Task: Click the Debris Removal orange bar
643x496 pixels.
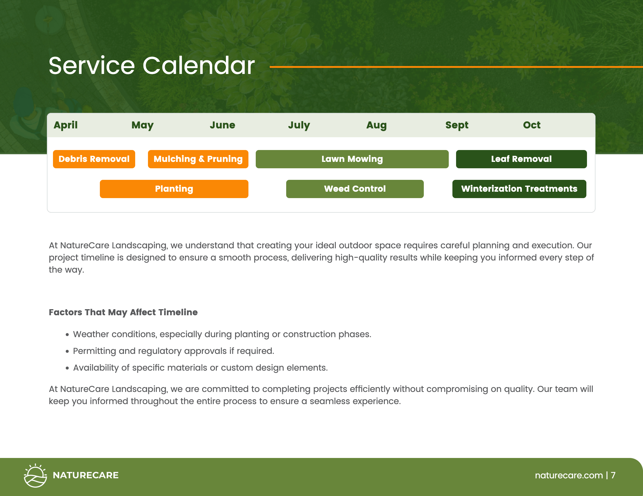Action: pos(94,159)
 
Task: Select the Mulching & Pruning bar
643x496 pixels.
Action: pos(198,159)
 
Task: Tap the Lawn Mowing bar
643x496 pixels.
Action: pos(352,159)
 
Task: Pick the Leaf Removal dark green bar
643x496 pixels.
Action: pos(521,159)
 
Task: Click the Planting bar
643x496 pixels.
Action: pos(174,189)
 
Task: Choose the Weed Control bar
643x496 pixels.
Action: pos(355,189)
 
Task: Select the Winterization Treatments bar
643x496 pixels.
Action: pos(519,189)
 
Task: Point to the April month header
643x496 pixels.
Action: pos(65,125)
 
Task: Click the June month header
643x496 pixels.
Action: pos(222,125)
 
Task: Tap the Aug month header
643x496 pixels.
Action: pos(376,125)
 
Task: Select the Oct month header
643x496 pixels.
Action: pos(532,125)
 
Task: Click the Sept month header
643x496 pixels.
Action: pos(457,125)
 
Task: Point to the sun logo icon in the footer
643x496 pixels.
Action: pos(35,475)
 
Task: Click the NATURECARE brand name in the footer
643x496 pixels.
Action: pos(86,475)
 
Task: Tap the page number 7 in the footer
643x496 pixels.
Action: pos(613,475)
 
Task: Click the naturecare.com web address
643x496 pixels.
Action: pos(569,475)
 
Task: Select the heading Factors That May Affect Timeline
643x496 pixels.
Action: pos(123,312)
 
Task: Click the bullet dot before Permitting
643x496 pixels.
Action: pos(67,351)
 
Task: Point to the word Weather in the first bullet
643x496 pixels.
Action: pos(91,334)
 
